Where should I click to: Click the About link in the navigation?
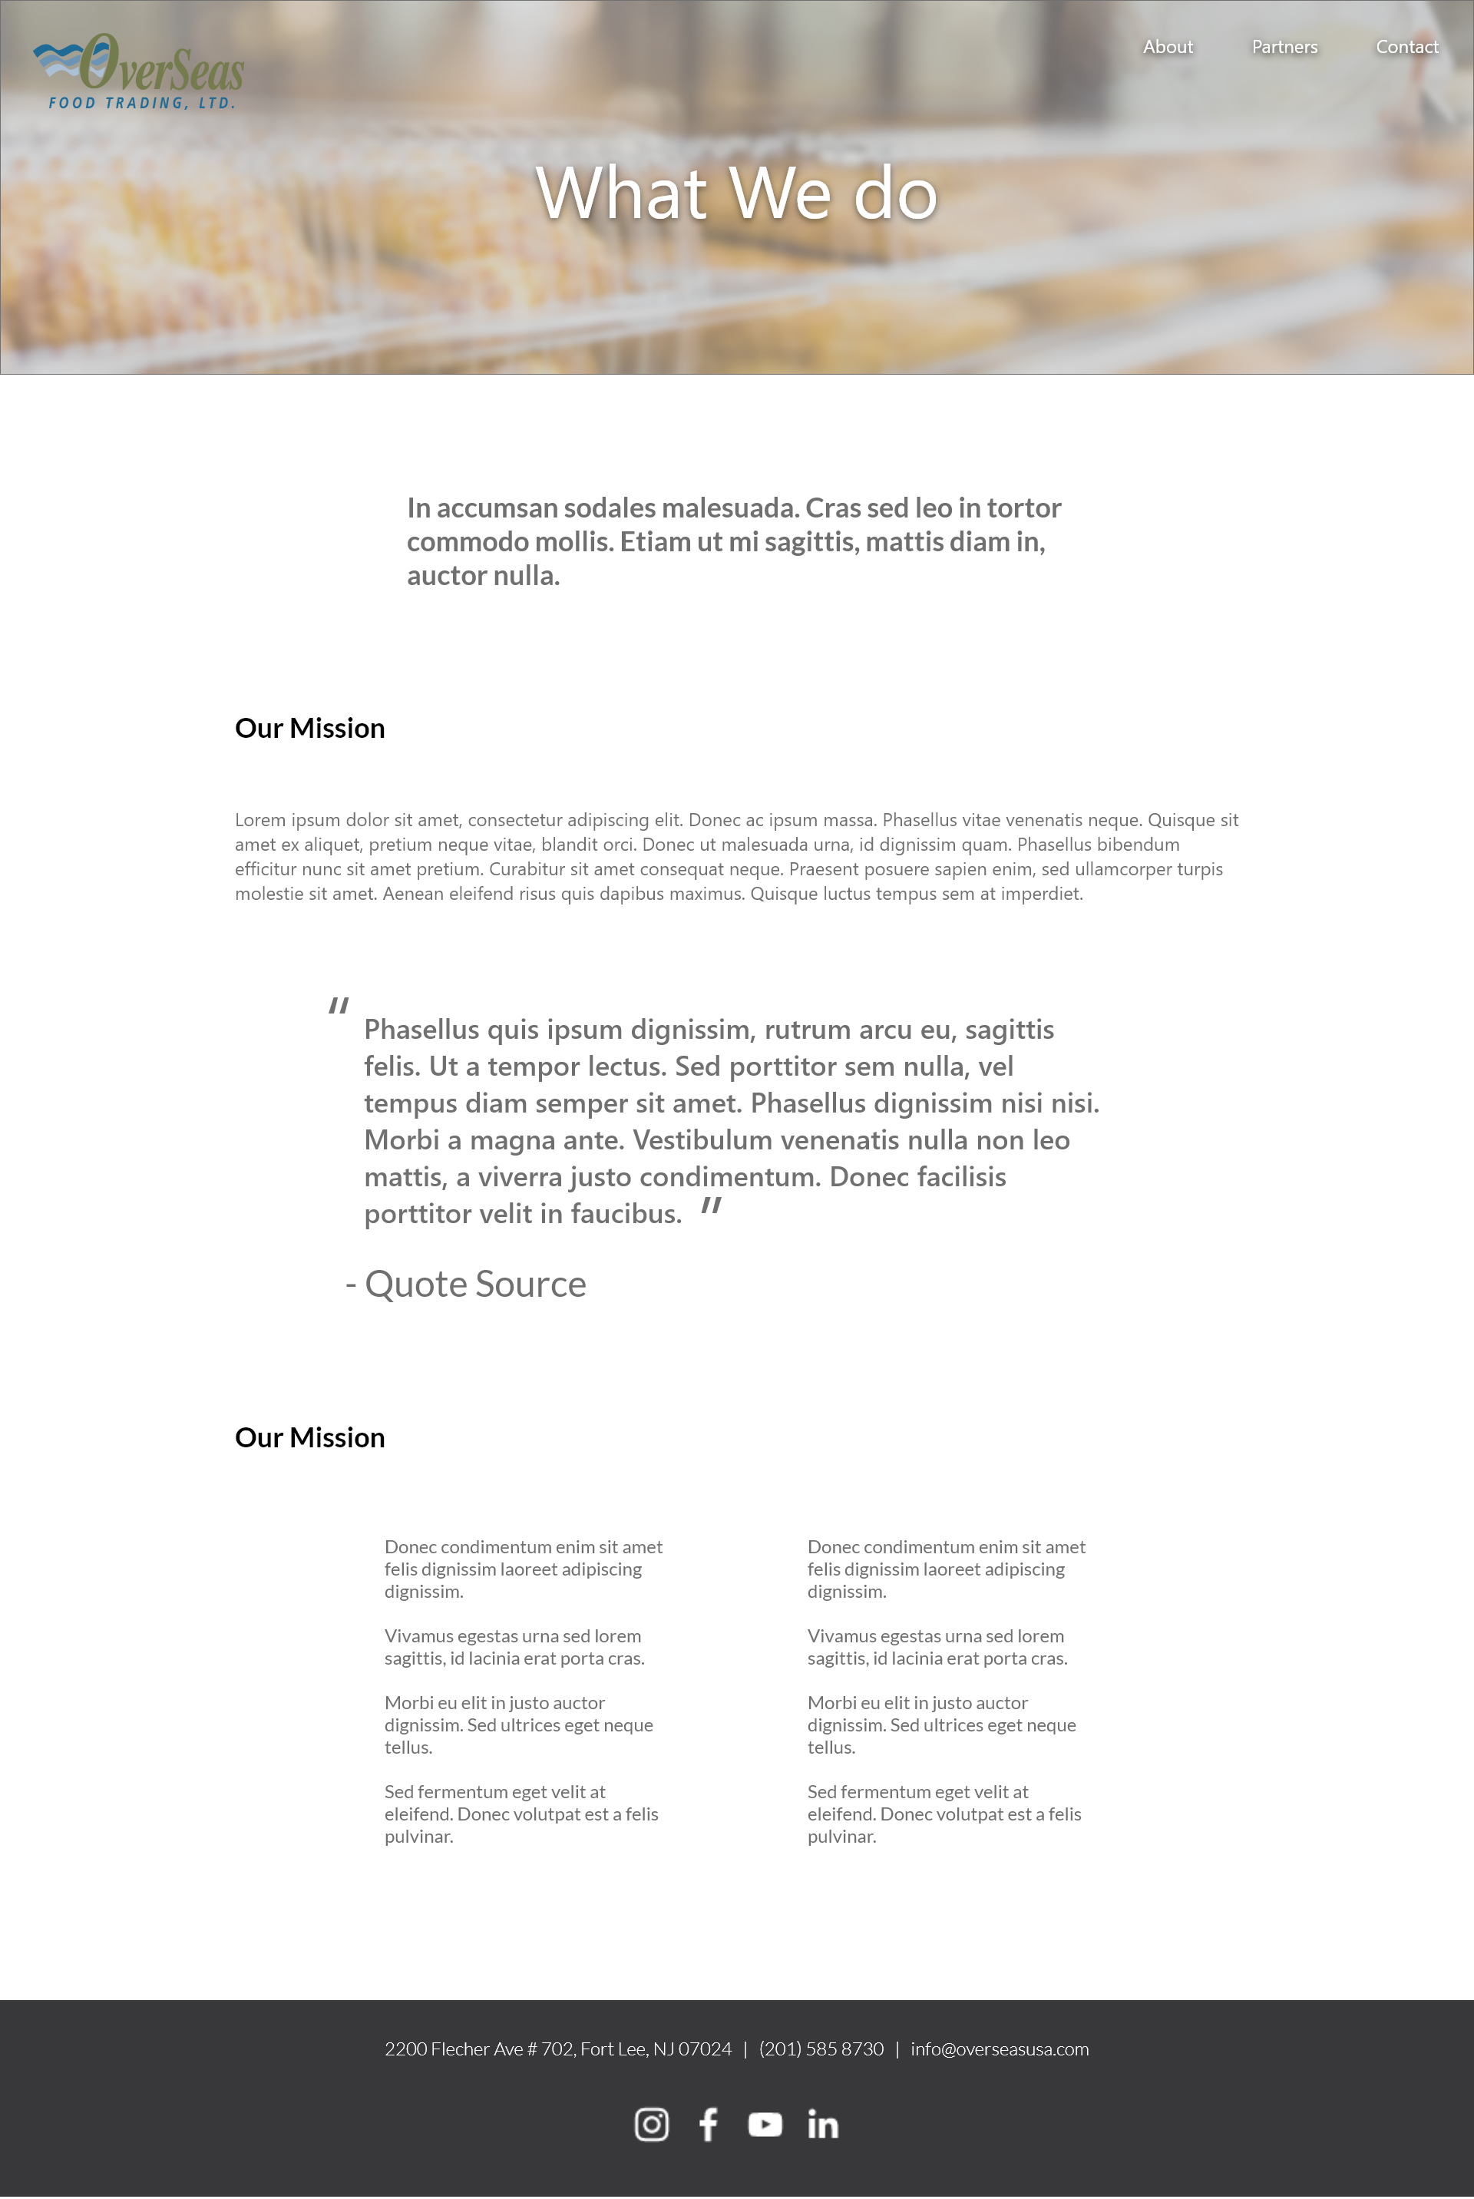coord(1168,47)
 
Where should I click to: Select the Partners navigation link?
coord(1284,47)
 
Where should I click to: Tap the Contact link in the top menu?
coord(1406,47)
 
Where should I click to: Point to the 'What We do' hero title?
coord(736,193)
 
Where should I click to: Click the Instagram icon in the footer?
coord(652,2124)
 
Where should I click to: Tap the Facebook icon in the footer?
coord(708,2124)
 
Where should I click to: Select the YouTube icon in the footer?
coord(765,2124)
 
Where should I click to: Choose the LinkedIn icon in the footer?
coord(822,2124)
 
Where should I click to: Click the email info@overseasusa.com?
coord(1000,2049)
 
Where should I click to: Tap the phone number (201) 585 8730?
coord(821,2049)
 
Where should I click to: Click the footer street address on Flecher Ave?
coord(557,2049)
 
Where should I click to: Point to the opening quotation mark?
coord(339,1006)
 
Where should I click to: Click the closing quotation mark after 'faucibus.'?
coord(712,1205)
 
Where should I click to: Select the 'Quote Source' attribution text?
coord(474,1285)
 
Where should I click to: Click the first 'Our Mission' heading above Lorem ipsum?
coord(309,729)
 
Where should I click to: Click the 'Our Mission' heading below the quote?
coord(309,1437)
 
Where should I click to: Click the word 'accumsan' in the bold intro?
coord(497,508)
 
